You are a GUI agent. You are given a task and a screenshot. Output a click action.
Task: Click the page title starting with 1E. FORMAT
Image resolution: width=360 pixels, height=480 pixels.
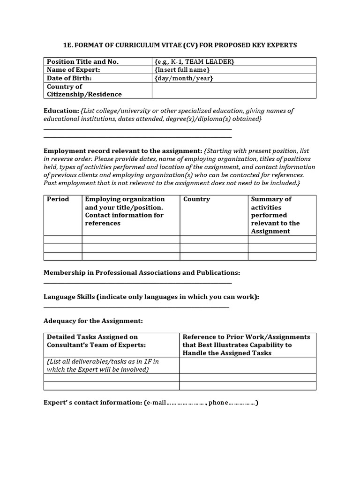180,45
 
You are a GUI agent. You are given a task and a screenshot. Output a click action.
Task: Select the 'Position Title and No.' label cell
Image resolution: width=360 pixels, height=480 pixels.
82,62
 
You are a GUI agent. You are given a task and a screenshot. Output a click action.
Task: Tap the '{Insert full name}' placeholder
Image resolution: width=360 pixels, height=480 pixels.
182,70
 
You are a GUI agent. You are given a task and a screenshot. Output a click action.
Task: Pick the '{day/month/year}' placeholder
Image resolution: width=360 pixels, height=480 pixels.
184,78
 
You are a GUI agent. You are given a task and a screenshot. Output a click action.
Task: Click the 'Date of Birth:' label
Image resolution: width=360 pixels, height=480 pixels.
69,78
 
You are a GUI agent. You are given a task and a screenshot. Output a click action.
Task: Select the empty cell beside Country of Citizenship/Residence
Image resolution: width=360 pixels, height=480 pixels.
233,90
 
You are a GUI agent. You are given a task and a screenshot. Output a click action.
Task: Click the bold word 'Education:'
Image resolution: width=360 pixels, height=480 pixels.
61,111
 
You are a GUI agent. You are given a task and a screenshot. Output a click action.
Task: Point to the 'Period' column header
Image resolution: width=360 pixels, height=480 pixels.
58,199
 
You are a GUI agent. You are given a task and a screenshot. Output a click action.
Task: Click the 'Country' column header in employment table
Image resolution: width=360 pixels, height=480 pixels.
196,199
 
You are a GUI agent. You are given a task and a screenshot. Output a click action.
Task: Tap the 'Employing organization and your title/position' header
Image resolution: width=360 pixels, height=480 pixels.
125,211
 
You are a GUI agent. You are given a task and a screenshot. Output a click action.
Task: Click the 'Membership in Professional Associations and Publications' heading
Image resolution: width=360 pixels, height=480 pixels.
142,273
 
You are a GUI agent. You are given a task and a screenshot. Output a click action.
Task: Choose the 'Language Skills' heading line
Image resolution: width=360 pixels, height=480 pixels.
151,297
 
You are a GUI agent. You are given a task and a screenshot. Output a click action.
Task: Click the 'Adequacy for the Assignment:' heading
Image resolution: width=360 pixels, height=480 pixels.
93,321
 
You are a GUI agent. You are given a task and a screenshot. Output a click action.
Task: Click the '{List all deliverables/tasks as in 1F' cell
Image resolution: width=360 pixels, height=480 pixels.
103,365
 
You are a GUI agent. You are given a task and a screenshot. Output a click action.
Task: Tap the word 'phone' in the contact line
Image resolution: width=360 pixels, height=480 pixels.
217,403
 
